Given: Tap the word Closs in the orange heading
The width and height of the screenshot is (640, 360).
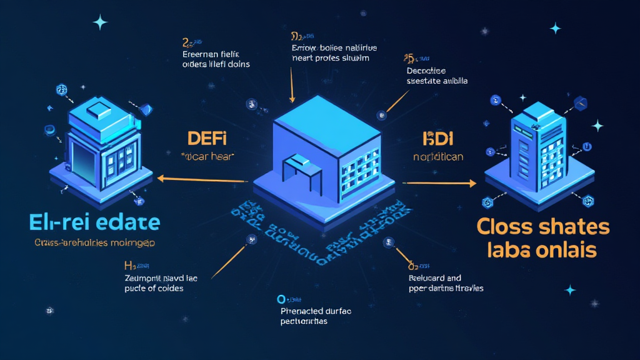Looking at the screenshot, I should (503, 227).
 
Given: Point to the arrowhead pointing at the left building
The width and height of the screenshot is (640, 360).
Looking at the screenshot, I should (161, 179).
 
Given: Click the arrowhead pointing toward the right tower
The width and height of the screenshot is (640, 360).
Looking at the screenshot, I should (472, 184).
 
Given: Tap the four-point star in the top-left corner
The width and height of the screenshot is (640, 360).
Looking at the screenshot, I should (100, 22).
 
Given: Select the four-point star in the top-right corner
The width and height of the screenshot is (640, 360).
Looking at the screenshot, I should (554, 28).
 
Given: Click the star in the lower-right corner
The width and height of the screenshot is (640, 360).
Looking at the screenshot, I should (570, 290).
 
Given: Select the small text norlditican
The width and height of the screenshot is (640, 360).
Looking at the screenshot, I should (438, 157).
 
